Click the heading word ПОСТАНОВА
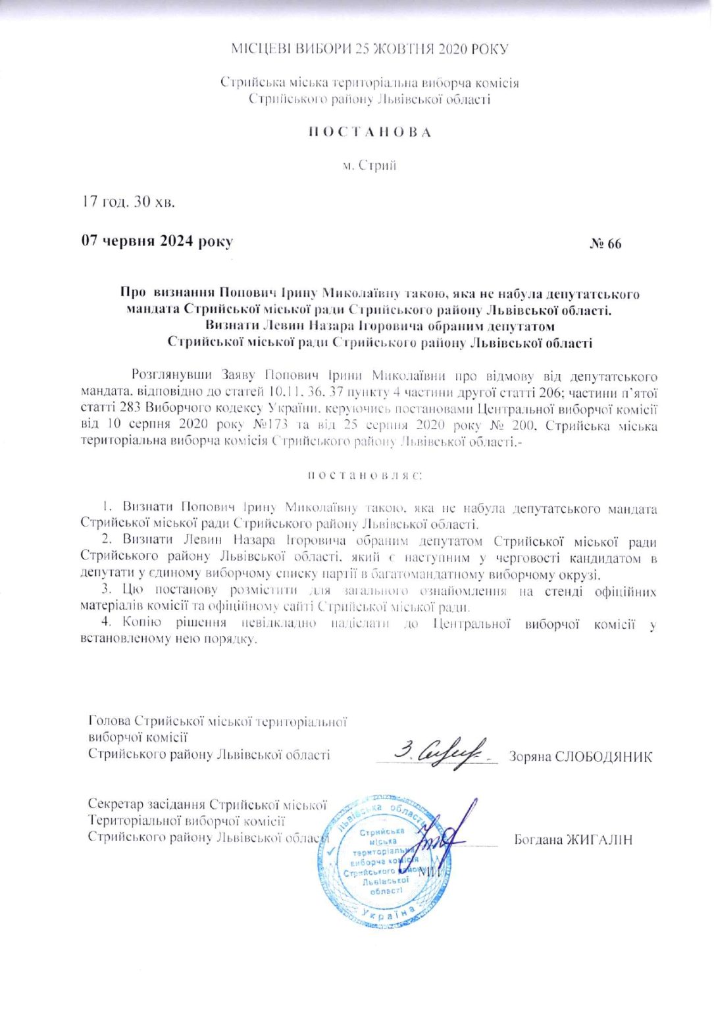pos(370,132)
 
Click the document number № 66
pos(605,244)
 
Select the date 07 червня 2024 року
pos(157,241)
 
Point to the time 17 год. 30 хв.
pos(128,201)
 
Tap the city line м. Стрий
pos(369,165)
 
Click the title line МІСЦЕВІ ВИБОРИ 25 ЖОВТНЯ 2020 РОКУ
pos(369,49)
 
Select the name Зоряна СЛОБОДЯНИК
pos(580,756)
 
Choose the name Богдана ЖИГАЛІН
pos(573,839)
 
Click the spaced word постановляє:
pos(369,475)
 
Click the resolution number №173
pos(259,425)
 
